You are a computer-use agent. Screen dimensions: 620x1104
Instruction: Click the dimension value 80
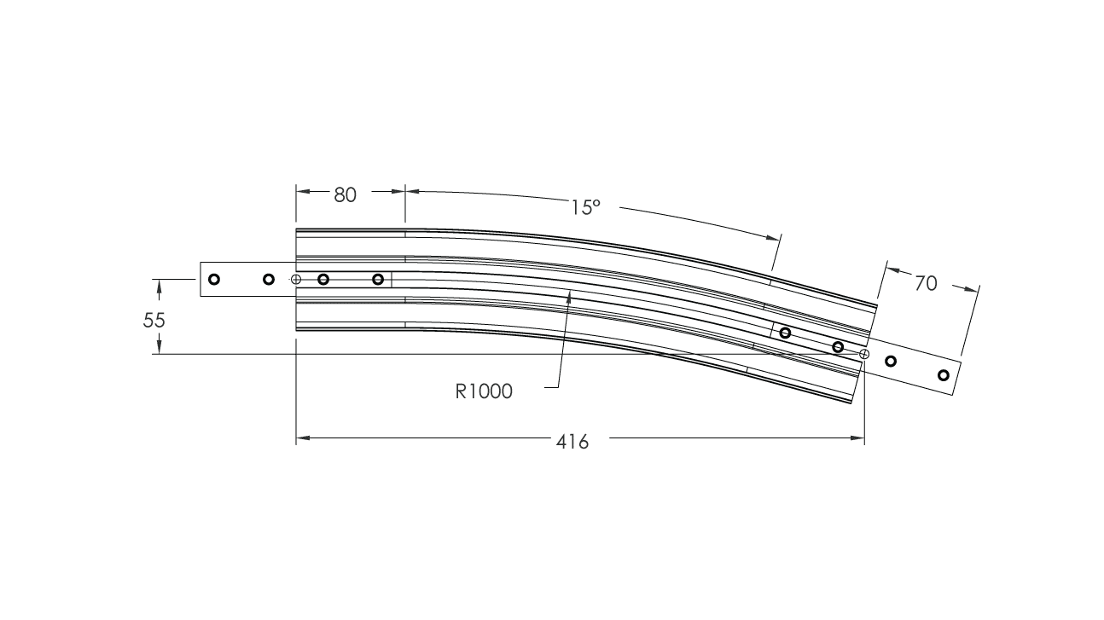click(x=345, y=194)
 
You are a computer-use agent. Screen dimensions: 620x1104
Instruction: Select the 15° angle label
click(x=586, y=207)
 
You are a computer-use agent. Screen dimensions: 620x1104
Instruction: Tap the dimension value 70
click(x=926, y=283)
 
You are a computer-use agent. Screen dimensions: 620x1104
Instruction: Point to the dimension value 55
click(x=154, y=321)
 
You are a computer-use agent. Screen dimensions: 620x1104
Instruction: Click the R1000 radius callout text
click(x=484, y=391)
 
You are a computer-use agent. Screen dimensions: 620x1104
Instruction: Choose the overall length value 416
click(x=572, y=442)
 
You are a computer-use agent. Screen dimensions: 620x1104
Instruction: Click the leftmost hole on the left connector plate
click(x=214, y=279)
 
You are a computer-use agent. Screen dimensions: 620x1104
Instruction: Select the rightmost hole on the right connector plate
click(x=943, y=375)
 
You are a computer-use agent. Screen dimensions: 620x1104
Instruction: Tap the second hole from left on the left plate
click(x=269, y=279)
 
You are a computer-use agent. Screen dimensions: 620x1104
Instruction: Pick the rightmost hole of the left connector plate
click(x=378, y=279)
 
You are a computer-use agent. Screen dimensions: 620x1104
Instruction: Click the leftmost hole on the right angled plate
click(x=785, y=333)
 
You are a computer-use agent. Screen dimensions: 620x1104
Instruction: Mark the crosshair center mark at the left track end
click(x=296, y=280)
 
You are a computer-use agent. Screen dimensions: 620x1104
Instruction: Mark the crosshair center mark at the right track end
click(x=864, y=353)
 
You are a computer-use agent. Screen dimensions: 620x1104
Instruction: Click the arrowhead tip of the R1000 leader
click(x=570, y=291)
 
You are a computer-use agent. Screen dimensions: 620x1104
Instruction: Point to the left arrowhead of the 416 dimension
click(x=298, y=439)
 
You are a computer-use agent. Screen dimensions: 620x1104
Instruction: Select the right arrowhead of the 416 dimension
click(x=863, y=439)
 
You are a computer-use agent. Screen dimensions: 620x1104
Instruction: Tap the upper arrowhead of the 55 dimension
click(x=160, y=281)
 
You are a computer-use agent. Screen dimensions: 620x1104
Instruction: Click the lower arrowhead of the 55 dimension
click(x=160, y=351)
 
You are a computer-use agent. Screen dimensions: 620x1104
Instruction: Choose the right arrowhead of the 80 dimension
click(x=403, y=192)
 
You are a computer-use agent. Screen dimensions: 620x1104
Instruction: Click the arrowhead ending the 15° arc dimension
click(x=778, y=237)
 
